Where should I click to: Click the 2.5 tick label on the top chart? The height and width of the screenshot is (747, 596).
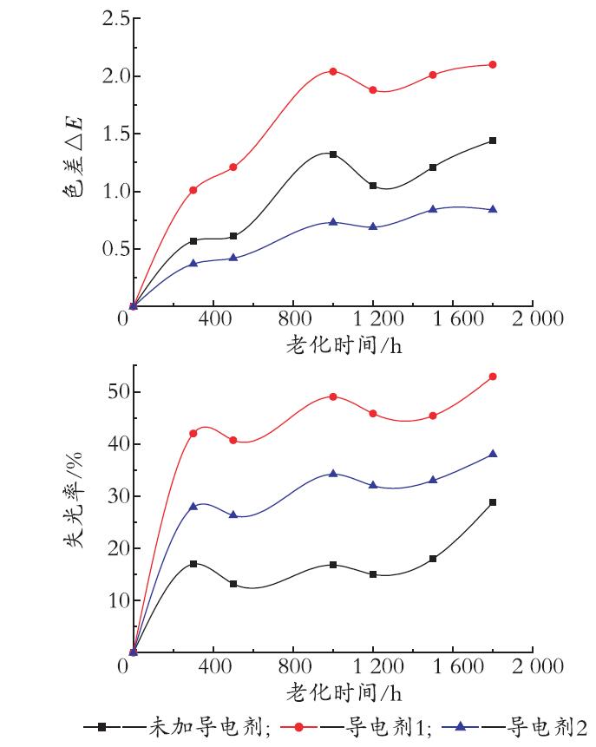tap(115, 18)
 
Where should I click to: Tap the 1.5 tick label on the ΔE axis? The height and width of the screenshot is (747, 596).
tap(115, 134)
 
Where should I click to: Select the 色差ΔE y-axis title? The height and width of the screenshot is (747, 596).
tap(74, 156)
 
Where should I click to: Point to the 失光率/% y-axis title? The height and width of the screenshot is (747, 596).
tap(74, 500)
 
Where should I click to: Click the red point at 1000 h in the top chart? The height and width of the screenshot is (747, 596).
tap(333, 71)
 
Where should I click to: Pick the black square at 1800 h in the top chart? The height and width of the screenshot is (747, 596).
tap(493, 141)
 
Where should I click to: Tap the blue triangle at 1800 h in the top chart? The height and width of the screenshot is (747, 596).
tap(493, 209)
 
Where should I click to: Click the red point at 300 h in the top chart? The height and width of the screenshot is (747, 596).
tap(193, 190)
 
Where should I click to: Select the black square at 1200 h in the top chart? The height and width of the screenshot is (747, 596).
tap(373, 186)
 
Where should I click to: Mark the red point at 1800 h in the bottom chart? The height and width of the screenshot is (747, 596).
tap(493, 377)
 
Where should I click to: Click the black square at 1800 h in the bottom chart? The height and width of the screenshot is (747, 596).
tap(493, 502)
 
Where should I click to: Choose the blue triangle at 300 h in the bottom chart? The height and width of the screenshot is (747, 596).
tap(193, 506)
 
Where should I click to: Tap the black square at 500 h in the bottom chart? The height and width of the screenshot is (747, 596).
tap(233, 584)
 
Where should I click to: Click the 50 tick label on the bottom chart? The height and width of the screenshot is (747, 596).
tap(118, 391)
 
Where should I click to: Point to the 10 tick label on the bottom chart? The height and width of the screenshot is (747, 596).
tap(118, 600)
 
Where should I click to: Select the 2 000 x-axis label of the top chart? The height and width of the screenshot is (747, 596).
tap(537, 318)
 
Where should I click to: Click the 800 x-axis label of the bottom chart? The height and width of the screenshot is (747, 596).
tap(294, 665)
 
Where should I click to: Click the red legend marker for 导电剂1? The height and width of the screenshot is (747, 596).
tap(298, 727)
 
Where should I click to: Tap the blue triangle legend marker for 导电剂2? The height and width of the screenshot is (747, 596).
tap(460, 726)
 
